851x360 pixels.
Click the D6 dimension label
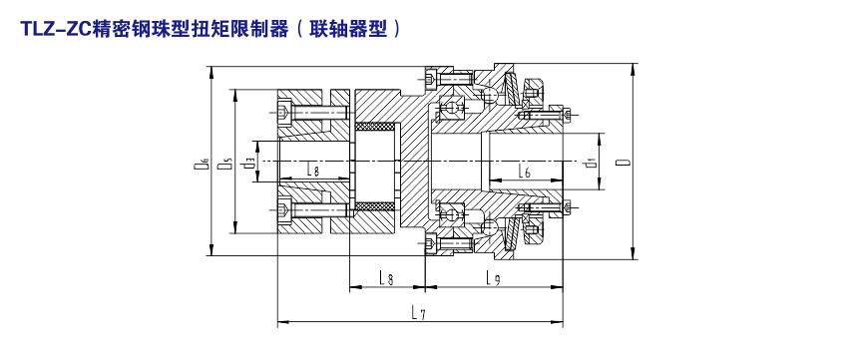tap(201, 163)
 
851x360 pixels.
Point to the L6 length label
tap(524, 172)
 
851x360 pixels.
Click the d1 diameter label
tap(589, 163)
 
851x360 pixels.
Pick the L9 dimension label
tap(493, 278)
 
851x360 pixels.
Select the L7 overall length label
tap(418, 312)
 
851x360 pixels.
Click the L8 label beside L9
tap(386, 278)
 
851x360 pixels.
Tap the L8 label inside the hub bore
tap(312, 172)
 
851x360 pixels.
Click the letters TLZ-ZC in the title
tap(57, 28)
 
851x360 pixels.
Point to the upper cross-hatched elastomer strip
tap(374, 127)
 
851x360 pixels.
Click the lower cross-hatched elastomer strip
tap(374, 206)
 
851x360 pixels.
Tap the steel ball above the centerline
tap(490, 96)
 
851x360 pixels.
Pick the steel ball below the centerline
tap(490, 226)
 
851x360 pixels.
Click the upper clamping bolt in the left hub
tap(312, 113)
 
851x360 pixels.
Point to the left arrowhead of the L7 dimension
tap(282, 322)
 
